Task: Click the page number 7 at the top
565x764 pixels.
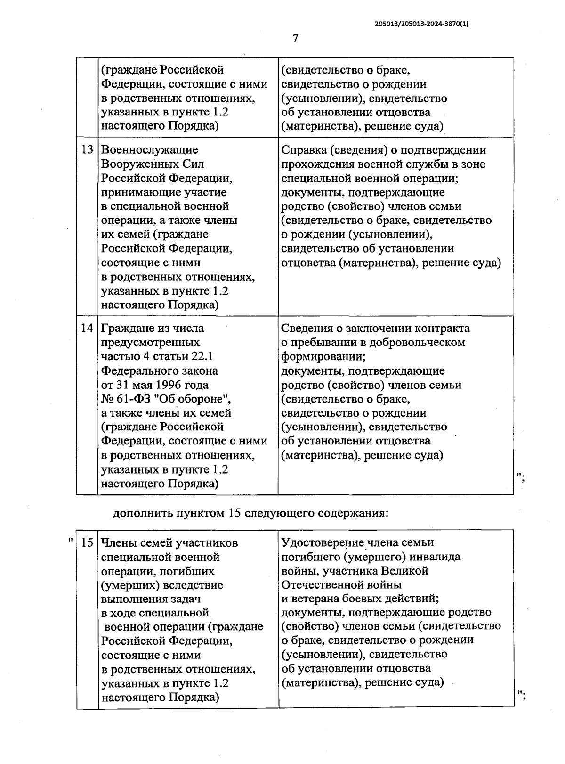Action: point(295,39)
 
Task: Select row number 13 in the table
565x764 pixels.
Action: point(87,150)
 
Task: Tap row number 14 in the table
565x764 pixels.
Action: point(87,328)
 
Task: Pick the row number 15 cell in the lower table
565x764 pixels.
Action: point(88,543)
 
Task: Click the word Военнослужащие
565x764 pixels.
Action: point(149,150)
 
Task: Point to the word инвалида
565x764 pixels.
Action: point(435,557)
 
